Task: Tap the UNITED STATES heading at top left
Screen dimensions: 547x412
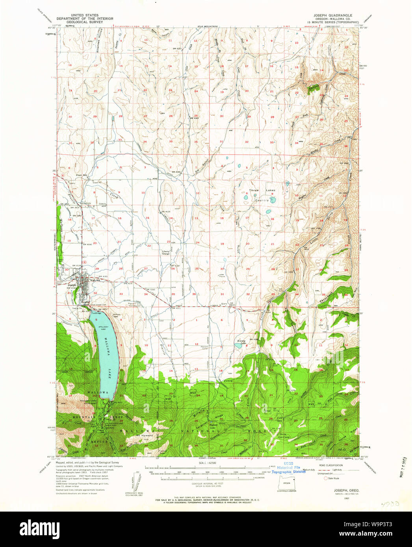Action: click(84, 15)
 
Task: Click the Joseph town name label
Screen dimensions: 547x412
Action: click(72, 285)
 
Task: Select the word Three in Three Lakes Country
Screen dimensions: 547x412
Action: click(254, 190)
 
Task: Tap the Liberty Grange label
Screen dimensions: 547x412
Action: click(166, 253)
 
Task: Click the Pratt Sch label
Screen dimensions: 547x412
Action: click(82, 175)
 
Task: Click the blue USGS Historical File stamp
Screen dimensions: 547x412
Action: click(288, 469)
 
